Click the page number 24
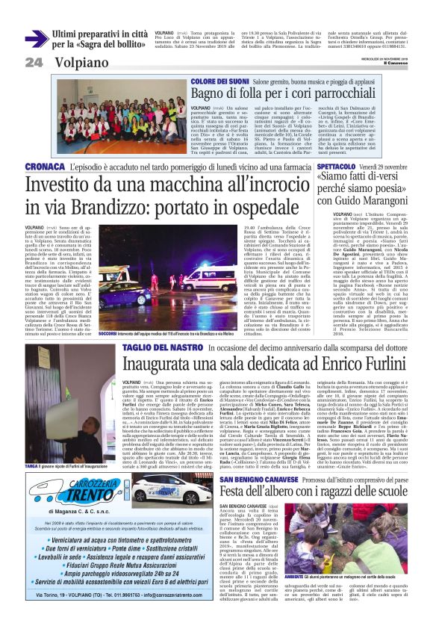tap(33, 63)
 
